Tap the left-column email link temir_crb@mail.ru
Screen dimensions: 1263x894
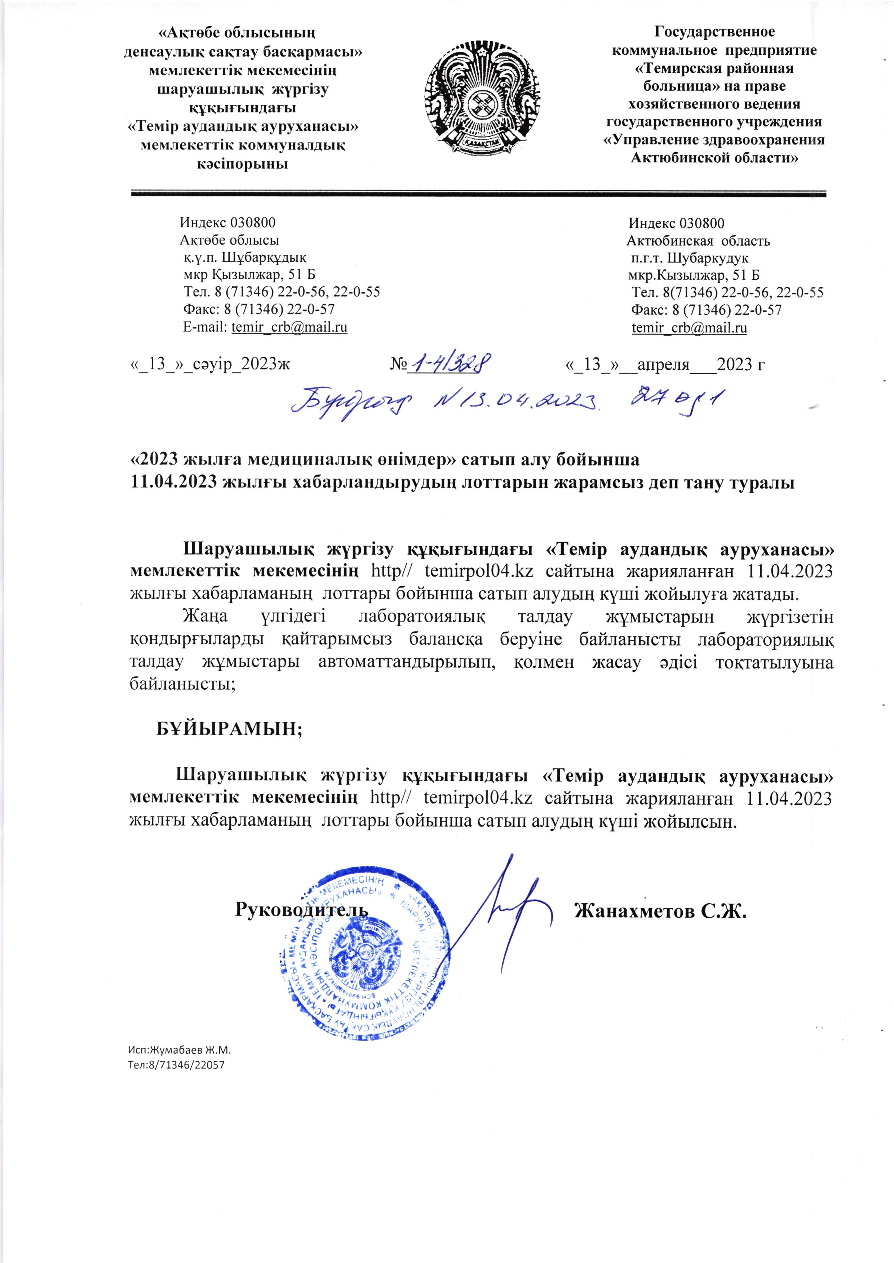click(289, 327)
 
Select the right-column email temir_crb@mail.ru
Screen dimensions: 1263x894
click(689, 328)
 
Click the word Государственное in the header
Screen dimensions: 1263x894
click(714, 32)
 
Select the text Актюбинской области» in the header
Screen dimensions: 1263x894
click(714, 158)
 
